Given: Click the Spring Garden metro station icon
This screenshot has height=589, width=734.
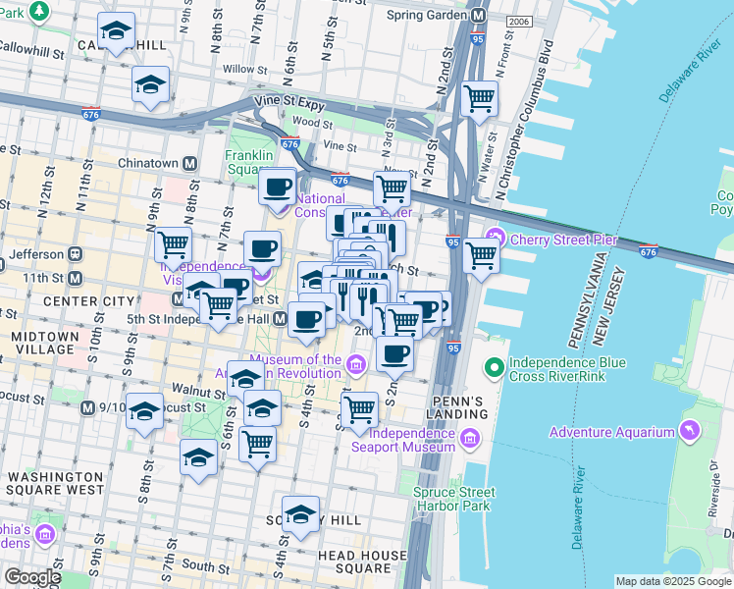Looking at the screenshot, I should [479, 16].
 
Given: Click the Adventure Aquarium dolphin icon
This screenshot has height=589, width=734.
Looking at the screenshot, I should [690, 432].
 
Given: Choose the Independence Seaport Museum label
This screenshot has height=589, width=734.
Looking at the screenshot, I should [412, 440].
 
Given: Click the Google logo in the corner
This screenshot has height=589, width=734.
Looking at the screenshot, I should [32, 577].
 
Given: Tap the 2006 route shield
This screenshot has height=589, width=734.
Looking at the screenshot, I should [519, 22].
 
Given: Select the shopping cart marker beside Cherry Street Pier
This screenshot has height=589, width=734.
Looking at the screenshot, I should [480, 255].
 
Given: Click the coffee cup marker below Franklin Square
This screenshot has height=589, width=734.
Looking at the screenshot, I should [278, 186].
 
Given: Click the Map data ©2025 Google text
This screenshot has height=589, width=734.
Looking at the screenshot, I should [672, 581].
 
